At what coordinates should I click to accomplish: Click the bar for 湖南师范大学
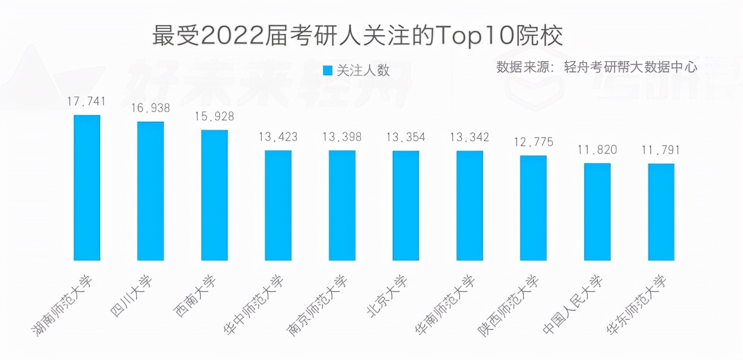(x=86, y=188)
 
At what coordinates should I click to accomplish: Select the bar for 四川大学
(x=150, y=191)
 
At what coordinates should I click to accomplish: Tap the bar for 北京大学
(x=406, y=206)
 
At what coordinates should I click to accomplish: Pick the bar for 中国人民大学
(x=597, y=212)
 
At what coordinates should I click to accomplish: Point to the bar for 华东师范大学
(x=661, y=212)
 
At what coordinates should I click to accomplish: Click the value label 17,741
(x=86, y=101)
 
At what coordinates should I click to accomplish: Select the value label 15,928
(x=214, y=116)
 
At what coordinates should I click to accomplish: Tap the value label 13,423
(x=278, y=136)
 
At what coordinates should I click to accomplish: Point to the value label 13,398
(x=342, y=136)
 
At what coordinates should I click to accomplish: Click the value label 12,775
(x=533, y=142)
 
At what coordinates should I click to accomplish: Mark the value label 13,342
(x=469, y=136)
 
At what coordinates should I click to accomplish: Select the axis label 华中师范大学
(x=254, y=305)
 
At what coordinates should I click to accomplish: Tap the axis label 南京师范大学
(x=318, y=305)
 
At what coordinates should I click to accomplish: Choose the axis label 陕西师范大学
(x=509, y=305)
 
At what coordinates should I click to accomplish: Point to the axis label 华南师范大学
(x=445, y=305)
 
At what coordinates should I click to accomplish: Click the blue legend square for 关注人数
(x=327, y=70)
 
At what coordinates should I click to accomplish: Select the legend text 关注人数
(x=363, y=70)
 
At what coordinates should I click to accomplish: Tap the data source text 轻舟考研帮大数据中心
(x=630, y=67)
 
